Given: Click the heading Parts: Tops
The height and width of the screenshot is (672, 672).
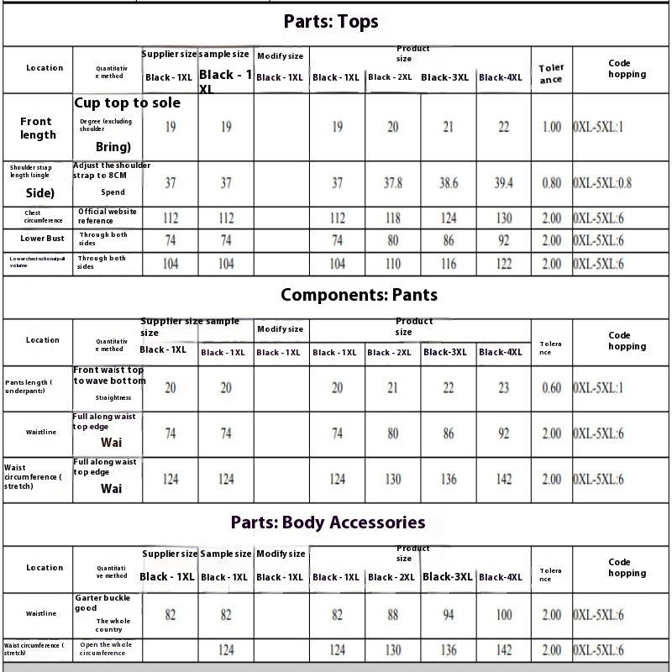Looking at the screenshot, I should coord(330,22).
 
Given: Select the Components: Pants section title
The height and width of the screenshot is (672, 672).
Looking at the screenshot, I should coord(359,295).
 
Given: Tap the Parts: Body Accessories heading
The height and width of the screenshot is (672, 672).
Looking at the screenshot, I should coord(328,522).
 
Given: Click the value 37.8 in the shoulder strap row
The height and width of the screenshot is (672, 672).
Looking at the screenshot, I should coord(393,183).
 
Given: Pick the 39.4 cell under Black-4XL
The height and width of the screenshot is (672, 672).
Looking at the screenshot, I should coord(504,183).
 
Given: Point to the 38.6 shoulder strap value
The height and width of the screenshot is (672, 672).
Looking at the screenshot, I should coord(449,183).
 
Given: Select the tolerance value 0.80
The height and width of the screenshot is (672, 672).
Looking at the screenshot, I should coord(551,183).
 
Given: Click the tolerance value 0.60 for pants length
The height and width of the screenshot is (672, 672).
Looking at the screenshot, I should coord(551,388).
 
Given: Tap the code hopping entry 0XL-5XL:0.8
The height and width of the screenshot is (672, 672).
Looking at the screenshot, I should coord(602,183).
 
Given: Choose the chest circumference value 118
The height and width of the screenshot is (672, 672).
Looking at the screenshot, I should coord(393,218).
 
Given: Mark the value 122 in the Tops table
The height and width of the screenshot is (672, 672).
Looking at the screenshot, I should coord(504,264).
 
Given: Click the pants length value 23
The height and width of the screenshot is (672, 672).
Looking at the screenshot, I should coord(504,388).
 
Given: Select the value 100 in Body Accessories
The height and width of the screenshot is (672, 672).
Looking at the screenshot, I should coord(504,615).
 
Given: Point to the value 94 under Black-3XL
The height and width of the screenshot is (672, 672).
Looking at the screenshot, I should coord(449,615).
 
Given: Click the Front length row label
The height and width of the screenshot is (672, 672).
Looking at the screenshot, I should coord(38,128).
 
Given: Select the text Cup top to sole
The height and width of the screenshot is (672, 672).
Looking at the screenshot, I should coord(127,103).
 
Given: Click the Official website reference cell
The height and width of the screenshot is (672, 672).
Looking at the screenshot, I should coord(108,216).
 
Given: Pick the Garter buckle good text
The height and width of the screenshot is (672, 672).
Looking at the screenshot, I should coord(102,601).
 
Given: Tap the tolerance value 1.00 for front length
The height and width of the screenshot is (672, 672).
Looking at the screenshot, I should coord(551,128).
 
